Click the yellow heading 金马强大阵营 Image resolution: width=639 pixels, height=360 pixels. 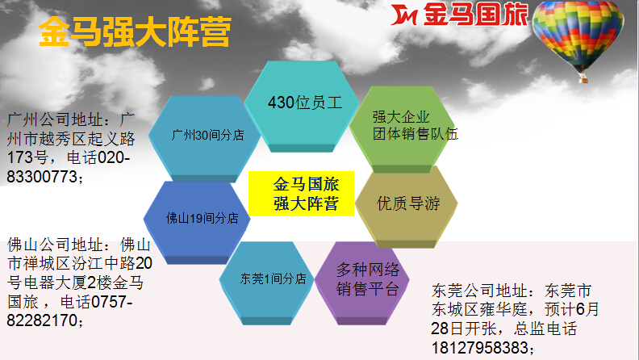(x=135, y=31)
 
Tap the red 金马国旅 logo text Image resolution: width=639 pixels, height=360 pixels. (x=475, y=15)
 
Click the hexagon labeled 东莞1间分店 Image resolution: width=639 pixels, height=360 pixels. (x=266, y=283)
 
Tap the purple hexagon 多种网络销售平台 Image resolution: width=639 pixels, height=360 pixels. (x=362, y=283)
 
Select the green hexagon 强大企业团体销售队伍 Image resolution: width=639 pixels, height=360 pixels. (x=403, y=129)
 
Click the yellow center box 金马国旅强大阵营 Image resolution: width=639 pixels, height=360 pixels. (x=301, y=194)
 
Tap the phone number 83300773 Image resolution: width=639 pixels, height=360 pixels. (x=42, y=177)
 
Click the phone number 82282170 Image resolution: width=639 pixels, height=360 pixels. (x=42, y=320)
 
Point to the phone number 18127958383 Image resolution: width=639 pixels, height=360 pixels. (x=480, y=348)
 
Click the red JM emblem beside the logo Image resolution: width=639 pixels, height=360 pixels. (x=403, y=15)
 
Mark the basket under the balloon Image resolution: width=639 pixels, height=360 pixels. (x=583, y=77)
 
